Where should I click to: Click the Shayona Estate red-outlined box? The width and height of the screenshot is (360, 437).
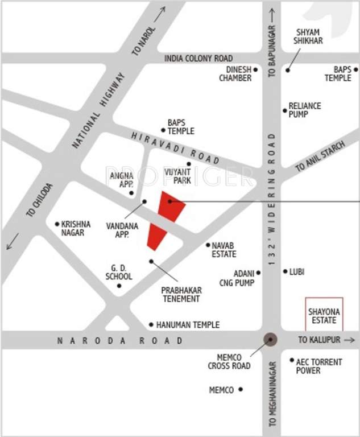[x=324, y=314]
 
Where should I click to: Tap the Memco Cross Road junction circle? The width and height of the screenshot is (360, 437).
[x=271, y=340]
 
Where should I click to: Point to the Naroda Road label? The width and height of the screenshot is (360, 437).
[x=121, y=340]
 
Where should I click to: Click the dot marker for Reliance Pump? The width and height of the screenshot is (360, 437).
[x=285, y=110]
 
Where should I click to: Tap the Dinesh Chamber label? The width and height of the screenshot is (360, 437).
[x=235, y=74]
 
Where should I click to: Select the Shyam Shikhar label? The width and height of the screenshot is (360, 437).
[x=307, y=36]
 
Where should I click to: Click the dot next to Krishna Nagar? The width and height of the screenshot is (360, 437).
[x=57, y=224]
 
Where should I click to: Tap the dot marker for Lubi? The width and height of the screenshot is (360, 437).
[x=285, y=271]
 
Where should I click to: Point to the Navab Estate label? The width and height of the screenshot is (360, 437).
[x=224, y=250]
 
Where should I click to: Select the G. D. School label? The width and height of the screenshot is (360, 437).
[x=119, y=272]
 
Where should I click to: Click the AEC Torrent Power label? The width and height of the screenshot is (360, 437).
[x=319, y=366]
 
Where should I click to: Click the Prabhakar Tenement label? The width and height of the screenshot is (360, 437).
[x=181, y=294]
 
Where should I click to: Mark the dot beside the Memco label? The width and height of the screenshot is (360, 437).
[x=241, y=389]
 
